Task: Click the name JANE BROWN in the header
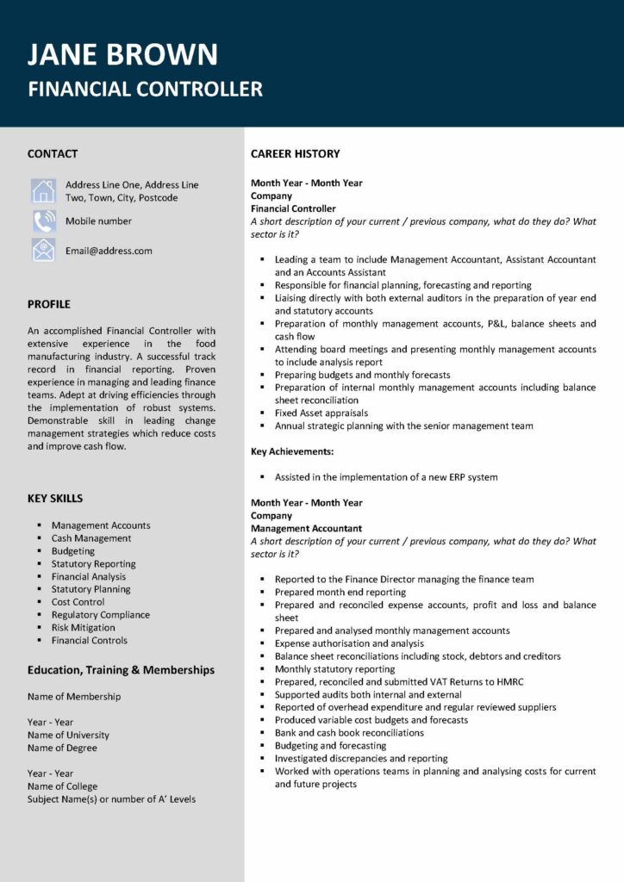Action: tap(122, 54)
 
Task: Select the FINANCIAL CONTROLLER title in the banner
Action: tap(145, 89)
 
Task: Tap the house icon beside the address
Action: tap(43, 191)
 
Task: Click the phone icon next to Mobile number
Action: tap(43, 221)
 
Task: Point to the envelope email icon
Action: tap(43, 251)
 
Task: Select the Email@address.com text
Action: tap(109, 251)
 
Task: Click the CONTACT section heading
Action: tap(53, 154)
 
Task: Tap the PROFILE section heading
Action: tap(49, 304)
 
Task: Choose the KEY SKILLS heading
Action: tap(55, 499)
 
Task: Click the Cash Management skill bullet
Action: tap(91, 538)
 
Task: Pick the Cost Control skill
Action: tap(78, 602)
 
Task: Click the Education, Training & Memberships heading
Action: tap(121, 670)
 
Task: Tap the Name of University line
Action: tap(68, 735)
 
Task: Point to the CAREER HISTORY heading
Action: tap(295, 154)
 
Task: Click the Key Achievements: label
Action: tap(291, 451)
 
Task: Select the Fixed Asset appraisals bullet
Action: tap(321, 413)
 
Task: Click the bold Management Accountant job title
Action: tap(306, 529)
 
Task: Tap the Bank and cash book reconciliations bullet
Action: tap(349, 733)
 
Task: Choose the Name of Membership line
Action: tap(74, 697)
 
